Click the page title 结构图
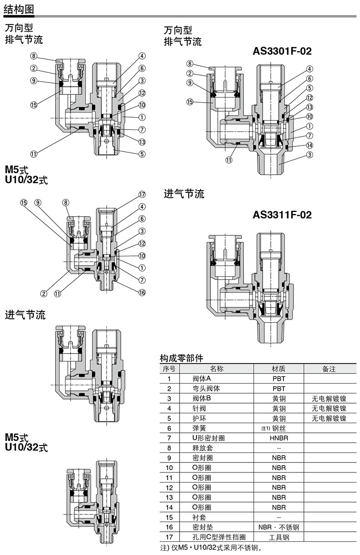[19, 10]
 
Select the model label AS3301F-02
[282, 51]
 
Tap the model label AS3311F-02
[282, 215]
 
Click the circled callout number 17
[142, 194]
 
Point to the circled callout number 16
[142, 292]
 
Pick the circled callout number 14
[309, 145]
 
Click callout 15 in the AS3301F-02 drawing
[190, 102]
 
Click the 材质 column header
[278, 368]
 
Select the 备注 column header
[329, 368]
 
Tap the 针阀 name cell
[199, 408]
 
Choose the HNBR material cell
[279, 438]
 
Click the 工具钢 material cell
[279, 537]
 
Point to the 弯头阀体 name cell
[206, 389]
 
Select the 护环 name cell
[199, 418]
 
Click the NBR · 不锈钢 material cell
[279, 527]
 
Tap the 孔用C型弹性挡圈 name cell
[219, 537]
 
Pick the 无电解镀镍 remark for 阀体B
[329, 399]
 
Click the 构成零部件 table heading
[181, 358]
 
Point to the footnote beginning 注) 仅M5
[211, 548]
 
